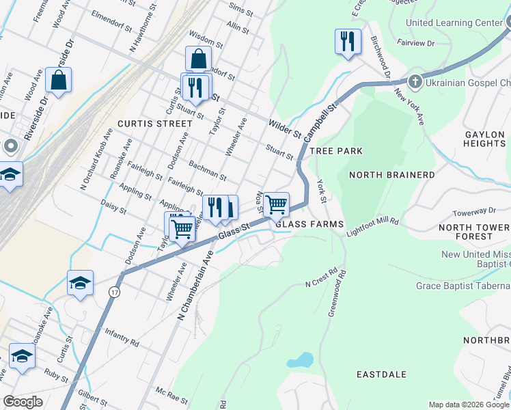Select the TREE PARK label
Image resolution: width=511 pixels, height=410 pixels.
[x=335, y=150]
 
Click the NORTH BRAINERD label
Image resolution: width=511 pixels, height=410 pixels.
[x=391, y=175]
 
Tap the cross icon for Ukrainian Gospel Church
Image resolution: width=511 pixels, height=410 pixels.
[x=415, y=82]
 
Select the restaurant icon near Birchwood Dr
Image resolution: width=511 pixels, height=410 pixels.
[x=348, y=42]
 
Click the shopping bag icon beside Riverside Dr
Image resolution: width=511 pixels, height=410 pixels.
[x=59, y=80]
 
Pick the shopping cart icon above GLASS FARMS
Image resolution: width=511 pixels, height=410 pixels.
[x=276, y=204]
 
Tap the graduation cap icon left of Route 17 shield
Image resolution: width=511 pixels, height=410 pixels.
[x=80, y=283]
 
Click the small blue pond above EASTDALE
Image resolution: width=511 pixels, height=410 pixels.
[x=301, y=359]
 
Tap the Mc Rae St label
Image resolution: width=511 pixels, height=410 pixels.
[x=171, y=395]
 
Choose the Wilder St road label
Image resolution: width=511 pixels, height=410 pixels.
[x=284, y=126]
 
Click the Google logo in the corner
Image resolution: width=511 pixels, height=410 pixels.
[x=23, y=402]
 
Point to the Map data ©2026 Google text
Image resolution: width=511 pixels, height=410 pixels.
[x=469, y=405]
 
